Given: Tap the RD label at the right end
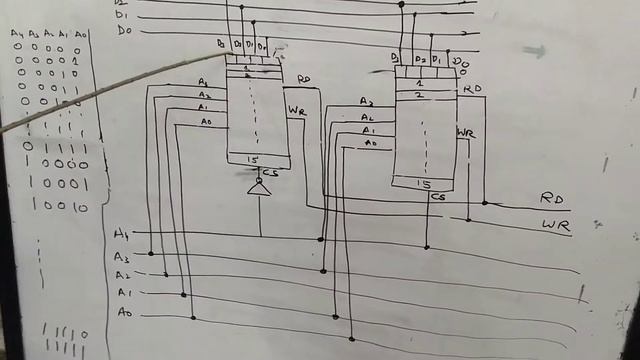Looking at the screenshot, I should click(554, 199).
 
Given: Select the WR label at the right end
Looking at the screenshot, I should click(556, 225).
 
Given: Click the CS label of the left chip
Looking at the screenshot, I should click(270, 172).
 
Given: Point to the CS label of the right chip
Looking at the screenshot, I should click(438, 196).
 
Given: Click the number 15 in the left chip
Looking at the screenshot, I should click(253, 160).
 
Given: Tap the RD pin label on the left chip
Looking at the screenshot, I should click(303, 79).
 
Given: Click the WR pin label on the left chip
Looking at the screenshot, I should click(297, 111).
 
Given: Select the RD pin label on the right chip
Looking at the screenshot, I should click(471, 89).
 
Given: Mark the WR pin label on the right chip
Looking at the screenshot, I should click(466, 133).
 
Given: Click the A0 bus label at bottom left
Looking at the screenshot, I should click(123, 314).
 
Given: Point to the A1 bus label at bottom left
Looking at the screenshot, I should click(124, 294).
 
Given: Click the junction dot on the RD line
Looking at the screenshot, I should click(485, 202).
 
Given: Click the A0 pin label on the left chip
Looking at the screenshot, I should click(207, 122).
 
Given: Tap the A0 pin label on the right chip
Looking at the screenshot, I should click(370, 144).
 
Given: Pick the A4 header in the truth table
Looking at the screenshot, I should click(17, 35).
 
